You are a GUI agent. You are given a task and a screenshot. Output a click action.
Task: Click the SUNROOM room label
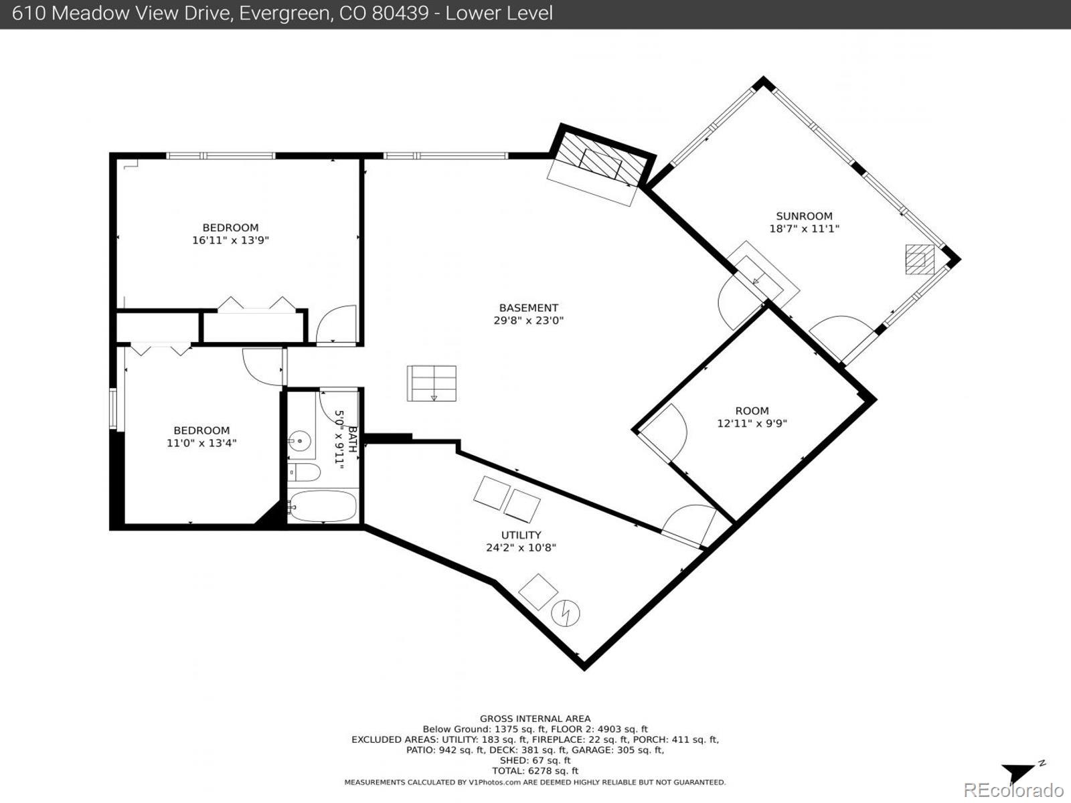click(x=804, y=216)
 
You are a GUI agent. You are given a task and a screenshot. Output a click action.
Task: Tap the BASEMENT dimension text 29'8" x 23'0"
click(x=528, y=321)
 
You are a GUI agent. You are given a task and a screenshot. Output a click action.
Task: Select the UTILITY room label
click(x=521, y=535)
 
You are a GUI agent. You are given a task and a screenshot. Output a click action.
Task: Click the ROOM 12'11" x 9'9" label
click(x=752, y=417)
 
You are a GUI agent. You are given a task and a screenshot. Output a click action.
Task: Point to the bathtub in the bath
click(x=323, y=507)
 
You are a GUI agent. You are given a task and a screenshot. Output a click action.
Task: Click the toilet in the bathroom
click(x=305, y=472)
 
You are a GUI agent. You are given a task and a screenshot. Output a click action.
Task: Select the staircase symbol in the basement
click(x=431, y=383)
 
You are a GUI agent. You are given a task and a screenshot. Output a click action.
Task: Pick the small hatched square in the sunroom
click(x=920, y=259)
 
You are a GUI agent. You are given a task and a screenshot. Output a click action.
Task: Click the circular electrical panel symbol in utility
click(x=566, y=613)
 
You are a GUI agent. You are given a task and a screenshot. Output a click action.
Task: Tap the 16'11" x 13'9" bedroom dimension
click(x=230, y=240)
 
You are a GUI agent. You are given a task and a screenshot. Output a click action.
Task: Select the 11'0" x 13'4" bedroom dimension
click(x=201, y=443)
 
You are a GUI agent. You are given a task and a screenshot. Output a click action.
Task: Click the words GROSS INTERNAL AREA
click(x=535, y=719)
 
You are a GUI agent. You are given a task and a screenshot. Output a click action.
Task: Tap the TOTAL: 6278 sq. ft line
click(x=535, y=771)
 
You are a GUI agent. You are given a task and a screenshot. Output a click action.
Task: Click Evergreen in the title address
click(x=282, y=13)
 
